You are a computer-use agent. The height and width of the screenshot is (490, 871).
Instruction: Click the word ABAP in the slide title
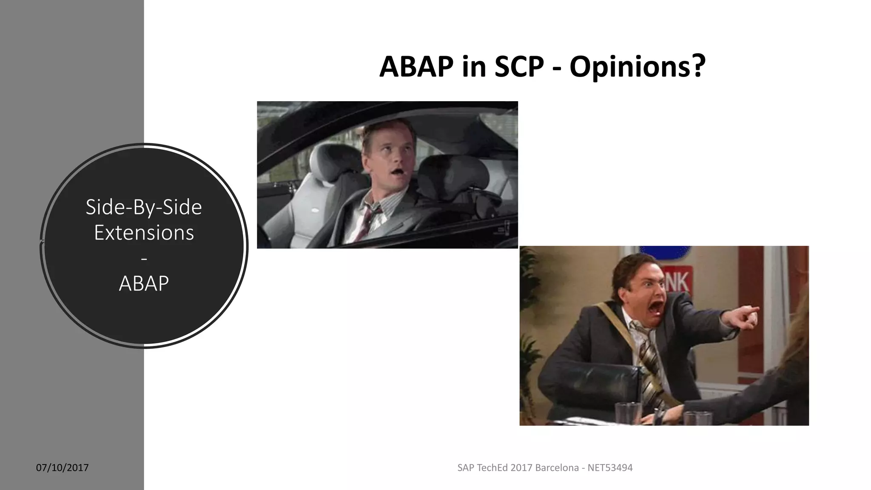point(416,67)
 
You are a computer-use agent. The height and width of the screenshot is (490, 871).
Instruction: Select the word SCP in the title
point(519,67)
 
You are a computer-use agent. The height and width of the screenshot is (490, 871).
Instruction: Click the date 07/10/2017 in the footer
point(62,468)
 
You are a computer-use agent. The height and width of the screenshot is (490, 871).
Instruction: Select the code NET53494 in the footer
point(610,468)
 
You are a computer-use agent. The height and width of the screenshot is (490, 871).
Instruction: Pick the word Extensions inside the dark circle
point(144,233)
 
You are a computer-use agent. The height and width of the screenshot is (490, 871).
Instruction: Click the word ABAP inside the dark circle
point(144,283)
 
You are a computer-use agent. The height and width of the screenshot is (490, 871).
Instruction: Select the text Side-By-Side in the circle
point(144,207)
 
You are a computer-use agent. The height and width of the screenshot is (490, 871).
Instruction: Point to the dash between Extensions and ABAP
point(144,259)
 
